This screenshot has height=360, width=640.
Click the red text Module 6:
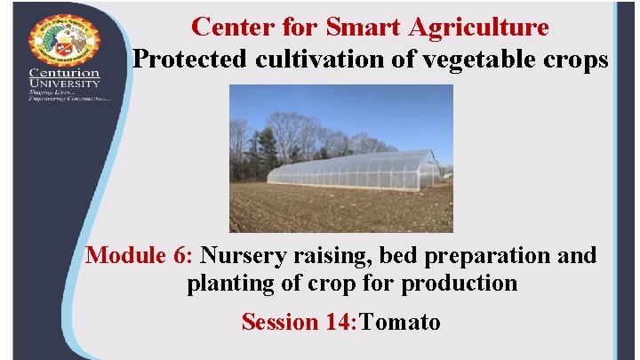pyautogui.click(x=140, y=256)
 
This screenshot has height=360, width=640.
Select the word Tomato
pyautogui.click(x=399, y=321)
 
